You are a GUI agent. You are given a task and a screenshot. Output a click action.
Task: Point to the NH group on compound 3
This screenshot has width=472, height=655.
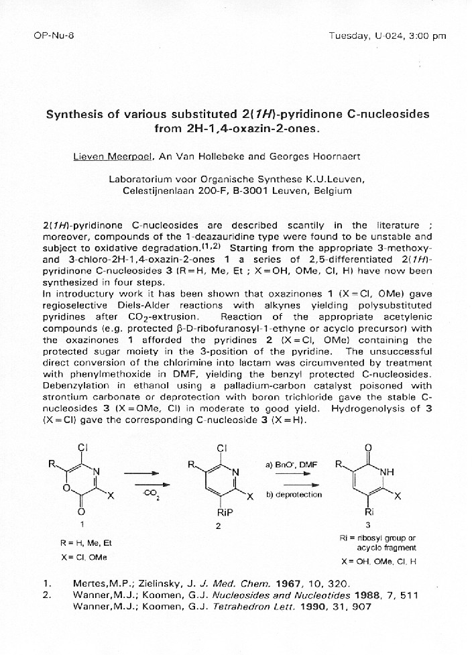point(387,472)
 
